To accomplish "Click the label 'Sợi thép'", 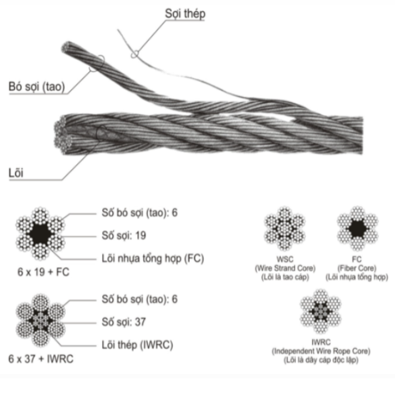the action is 185,14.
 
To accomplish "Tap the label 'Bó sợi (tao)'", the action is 37,86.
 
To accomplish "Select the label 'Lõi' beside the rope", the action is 16,173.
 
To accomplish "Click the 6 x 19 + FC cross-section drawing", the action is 40,234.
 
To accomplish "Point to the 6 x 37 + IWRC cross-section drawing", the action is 40,321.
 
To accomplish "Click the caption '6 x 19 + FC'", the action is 43,272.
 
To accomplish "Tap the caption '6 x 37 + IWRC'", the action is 41,359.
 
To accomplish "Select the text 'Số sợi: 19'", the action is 124,235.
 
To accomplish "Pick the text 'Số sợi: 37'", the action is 124,322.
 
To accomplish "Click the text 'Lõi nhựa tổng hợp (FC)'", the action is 153,258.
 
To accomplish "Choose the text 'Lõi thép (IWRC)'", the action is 137,345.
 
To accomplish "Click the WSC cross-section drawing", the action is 284,229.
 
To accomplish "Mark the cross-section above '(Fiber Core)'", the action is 357,229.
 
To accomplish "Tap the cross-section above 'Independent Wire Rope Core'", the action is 321,311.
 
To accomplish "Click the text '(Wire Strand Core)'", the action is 285,268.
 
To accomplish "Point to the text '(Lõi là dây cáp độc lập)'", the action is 321,360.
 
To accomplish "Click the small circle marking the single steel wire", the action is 134,54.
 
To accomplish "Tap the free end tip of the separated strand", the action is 66,47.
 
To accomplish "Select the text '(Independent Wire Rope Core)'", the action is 321,351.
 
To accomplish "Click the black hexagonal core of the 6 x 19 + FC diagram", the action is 40,234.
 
